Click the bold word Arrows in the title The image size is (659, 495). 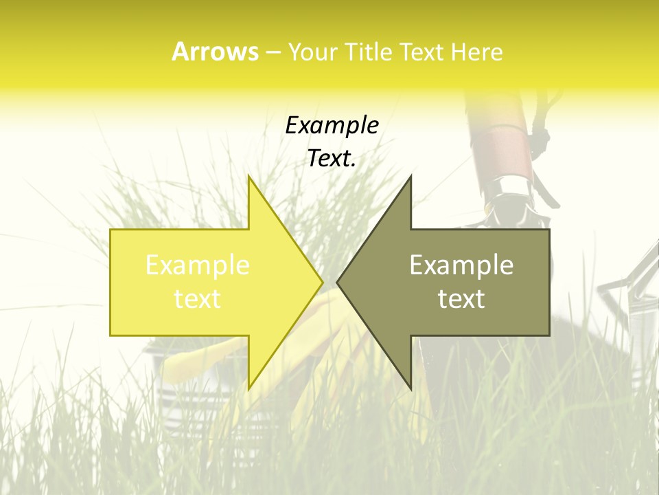pyautogui.click(x=215, y=52)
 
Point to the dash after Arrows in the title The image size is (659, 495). pyautogui.click(x=273, y=53)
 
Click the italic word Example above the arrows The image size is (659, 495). pyautogui.click(x=332, y=125)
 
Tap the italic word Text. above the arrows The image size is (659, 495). pyautogui.click(x=332, y=158)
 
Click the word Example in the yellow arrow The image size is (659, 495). pyautogui.click(x=198, y=265)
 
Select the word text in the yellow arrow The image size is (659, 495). pyautogui.click(x=198, y=298)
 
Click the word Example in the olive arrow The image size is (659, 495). pyautogui.click(x=461, y=265)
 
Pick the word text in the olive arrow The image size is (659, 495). pyautogui.click(x=461, y=298)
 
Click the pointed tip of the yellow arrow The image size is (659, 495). pyautogui.click(x=322, y=282)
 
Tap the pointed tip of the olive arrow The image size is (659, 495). pyautogui.click(x=338, y=282)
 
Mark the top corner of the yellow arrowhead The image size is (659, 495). pyautogui.click(x=249, y=176)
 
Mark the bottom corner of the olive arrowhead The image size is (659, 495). pyautogui.click(x=411, y=388)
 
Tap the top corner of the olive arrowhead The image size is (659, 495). pyautogui.click(x=411, y=176)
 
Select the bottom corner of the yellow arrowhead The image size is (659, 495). pyautogui.click(x=249, y=388)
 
